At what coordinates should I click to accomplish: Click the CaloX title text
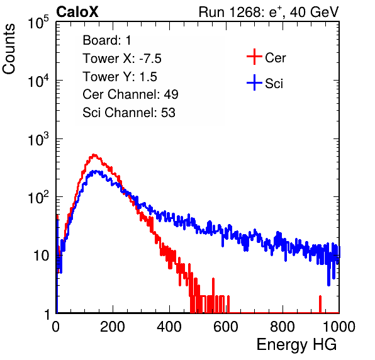(77, 12)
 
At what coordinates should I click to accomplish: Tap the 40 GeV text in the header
(314, 12)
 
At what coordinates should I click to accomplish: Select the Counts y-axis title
(9, 48)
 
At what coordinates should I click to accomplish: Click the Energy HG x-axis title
(296, 345)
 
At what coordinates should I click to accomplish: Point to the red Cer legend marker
(254, 57)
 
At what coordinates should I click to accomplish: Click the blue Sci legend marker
(254, 82)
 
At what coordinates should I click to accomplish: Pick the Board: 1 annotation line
(107, 40)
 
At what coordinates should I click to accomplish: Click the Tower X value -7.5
(150, 59)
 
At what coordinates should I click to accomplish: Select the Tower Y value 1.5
(148, 77)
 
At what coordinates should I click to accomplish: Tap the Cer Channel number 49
(171, 94)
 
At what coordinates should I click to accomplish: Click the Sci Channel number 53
(168, 113)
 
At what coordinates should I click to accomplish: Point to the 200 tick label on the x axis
(113, 327)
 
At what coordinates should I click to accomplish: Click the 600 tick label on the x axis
(226, 327)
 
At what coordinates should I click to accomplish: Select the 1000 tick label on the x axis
(339, 327)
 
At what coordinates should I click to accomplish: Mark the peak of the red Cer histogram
(94, 155)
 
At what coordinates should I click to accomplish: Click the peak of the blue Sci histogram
(96, 171)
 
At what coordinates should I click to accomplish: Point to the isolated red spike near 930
(320, 304)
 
